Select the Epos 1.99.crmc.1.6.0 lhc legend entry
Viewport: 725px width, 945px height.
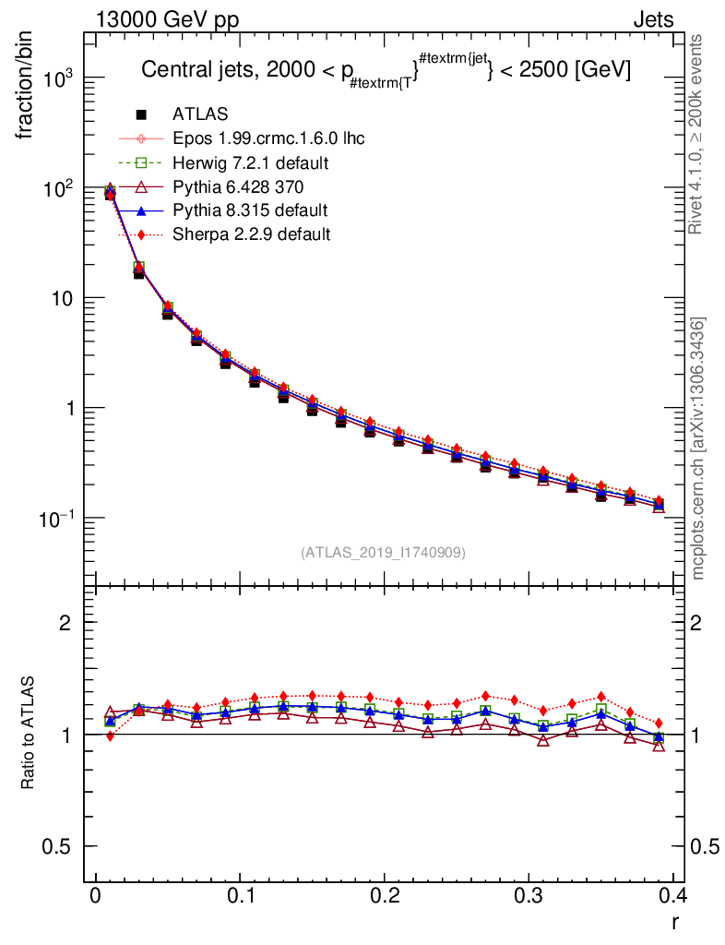tap(268, 138)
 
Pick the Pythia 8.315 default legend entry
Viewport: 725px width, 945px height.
tap(250, 210)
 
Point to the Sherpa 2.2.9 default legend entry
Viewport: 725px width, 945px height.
tap(251, 234)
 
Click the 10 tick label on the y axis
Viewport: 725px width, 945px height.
tap(62, 299)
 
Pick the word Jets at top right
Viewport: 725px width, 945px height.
tap(653, 19)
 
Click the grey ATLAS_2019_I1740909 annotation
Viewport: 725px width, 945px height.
tap(383, 553)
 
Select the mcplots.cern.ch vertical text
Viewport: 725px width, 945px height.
tap(698, 448)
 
